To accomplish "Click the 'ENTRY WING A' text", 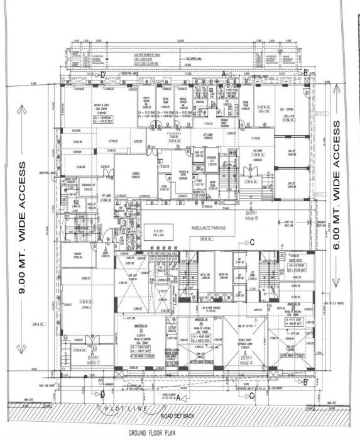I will (x=245, y=360).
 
